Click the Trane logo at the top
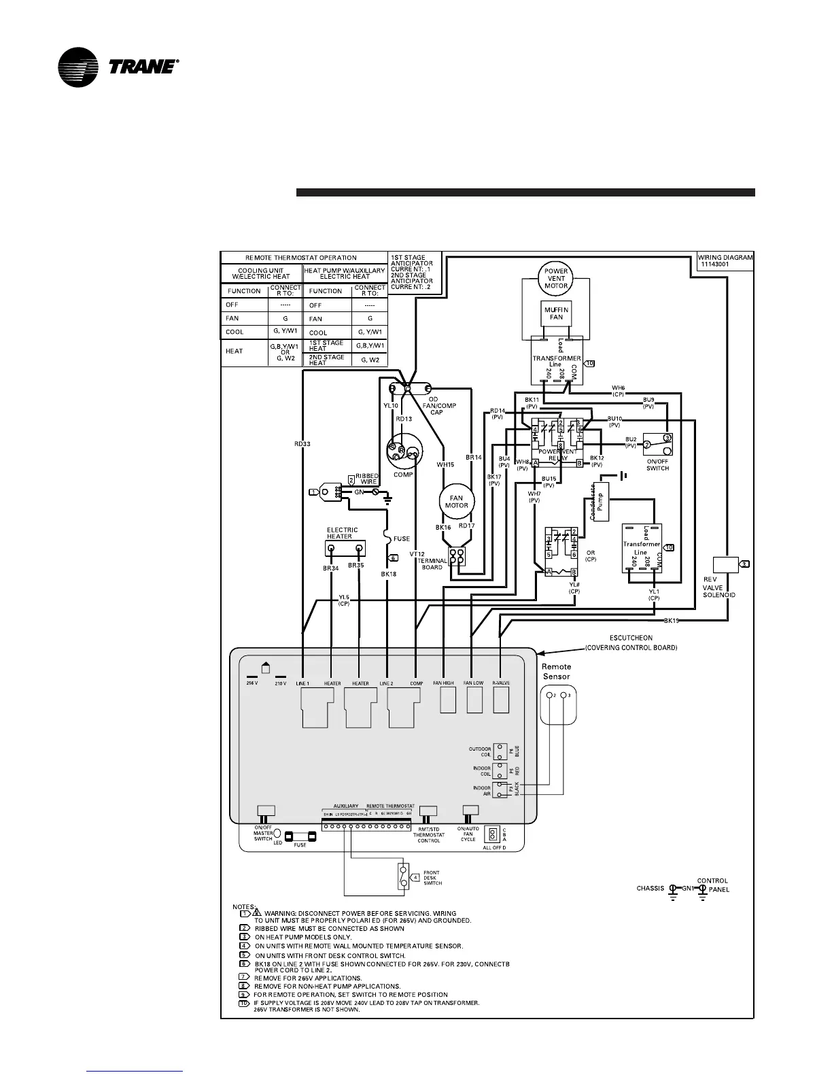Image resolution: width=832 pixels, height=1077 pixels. [x=118, y=67]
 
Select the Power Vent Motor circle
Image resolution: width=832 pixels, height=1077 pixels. [x=556, y=278]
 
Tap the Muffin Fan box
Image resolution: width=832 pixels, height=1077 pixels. [x=556, y=313]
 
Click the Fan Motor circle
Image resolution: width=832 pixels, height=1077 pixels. [x=456, y=501]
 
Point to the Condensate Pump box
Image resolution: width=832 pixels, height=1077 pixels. [x=600, y=502]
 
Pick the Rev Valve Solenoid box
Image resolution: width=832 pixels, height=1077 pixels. [x=725, y=564]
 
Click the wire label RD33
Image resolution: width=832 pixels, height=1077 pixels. [x=302, y=444]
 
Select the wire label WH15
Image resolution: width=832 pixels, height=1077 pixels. [x=445, y=465]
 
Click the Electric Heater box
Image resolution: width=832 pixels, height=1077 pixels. [x=347, y=548]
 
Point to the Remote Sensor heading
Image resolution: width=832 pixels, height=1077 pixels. [x=556, y=672]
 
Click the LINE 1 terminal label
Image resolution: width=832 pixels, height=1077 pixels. [x=303, y=683]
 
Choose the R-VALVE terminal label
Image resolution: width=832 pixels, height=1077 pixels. [x=501, y=683]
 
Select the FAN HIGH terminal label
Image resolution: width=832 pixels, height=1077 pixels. [x=443, y=683]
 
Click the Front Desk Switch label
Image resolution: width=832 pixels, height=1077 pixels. [x=432, y=878]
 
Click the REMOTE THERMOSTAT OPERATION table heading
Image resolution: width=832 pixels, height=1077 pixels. [x=301, y=258]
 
